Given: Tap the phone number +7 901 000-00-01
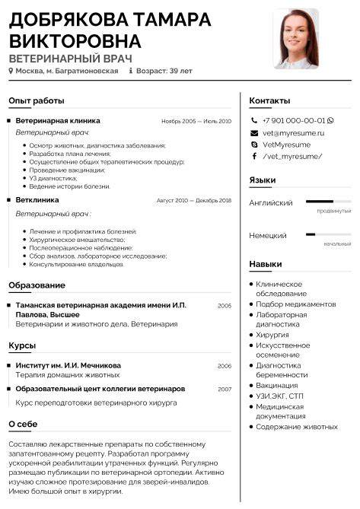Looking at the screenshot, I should (294, 120).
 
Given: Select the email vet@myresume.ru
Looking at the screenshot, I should (293, 132).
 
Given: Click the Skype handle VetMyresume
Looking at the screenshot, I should (286, 144).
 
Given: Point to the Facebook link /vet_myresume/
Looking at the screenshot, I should (292, 156).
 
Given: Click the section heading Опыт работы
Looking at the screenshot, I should (37, 100).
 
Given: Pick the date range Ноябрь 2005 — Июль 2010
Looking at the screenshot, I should (196, 121).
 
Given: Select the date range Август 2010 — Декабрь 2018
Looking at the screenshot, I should (193, 200).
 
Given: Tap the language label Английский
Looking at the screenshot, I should (271, 203).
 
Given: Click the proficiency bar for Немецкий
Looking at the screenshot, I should (328, 235).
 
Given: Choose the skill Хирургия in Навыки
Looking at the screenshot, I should (272, 334).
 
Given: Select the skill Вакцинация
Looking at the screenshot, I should (277, 386).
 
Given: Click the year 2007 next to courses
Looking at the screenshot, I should (224, 389).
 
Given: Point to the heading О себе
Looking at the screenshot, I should (28, 424).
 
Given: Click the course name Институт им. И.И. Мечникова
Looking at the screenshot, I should (68, 365).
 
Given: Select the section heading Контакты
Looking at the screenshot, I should (269, 100).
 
